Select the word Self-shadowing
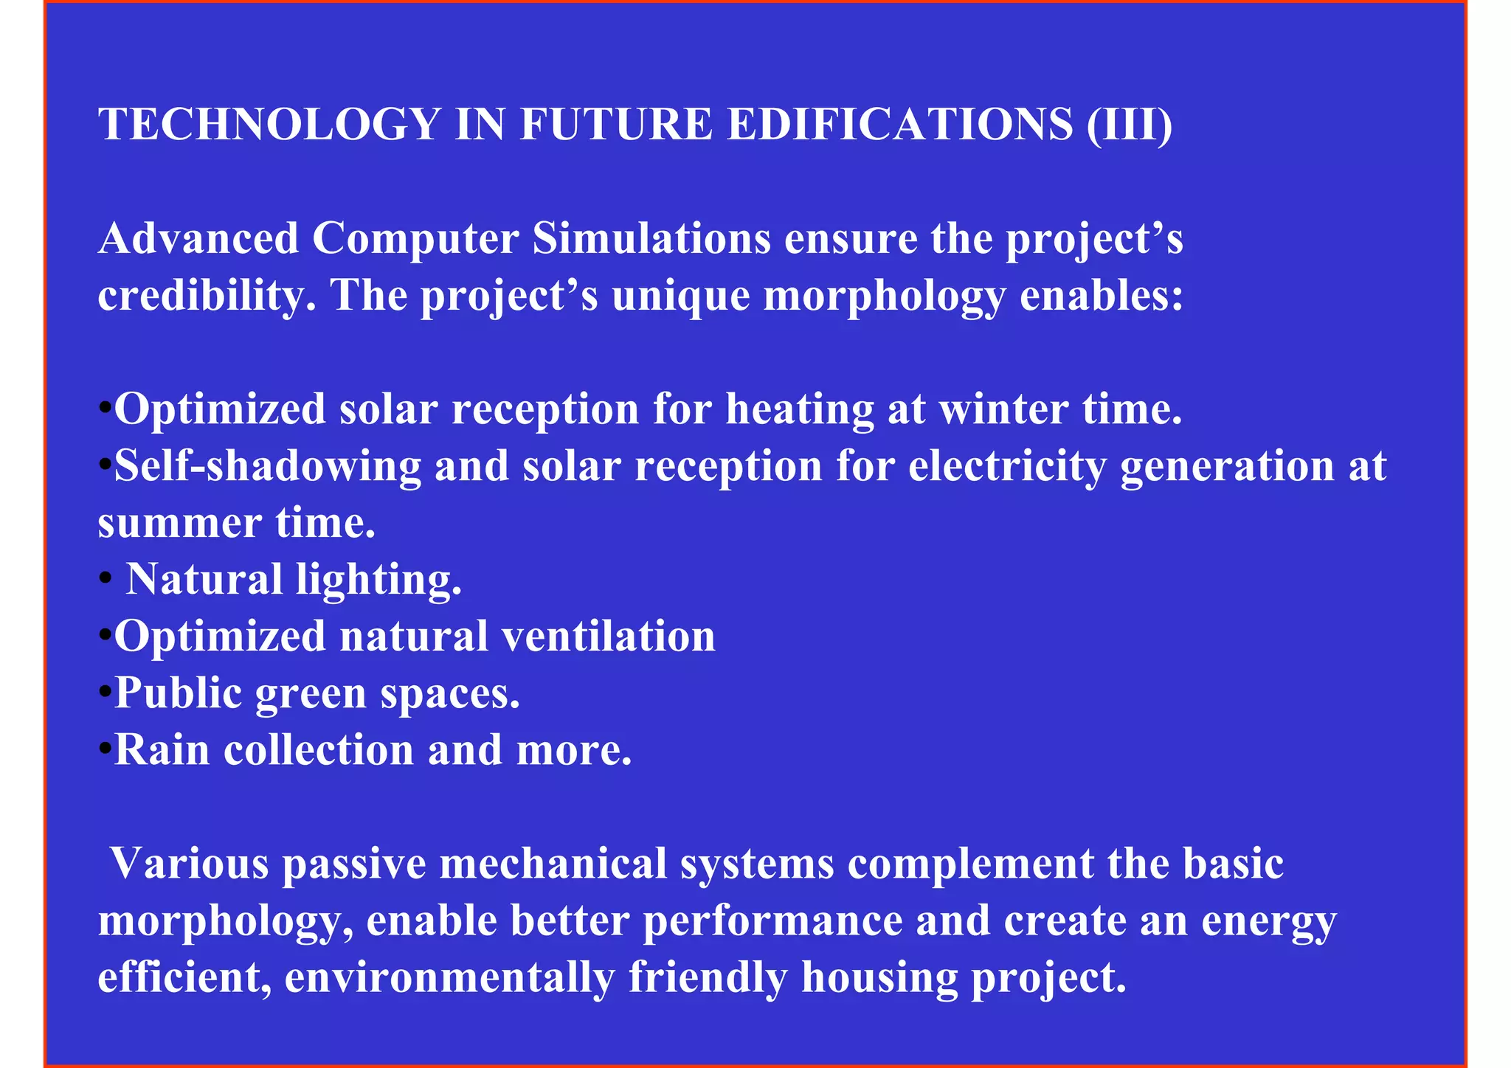click(x=267, y=467)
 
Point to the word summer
click(x=179, y=524)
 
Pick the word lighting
click(x=378, y=580)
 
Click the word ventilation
click(x=609, y=636)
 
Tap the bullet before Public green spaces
click(x=105, y=692)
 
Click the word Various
click(x=190, y=864)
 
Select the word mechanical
click(x=553, y=864)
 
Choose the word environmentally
click(x=449, y=978)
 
